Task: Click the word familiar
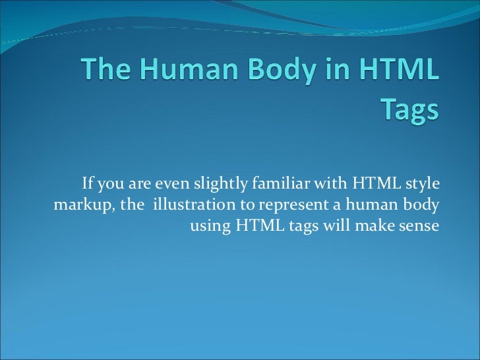(280, 182)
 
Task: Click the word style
(423, 182)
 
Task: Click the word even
(171, 182)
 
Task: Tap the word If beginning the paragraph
(86, 182)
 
